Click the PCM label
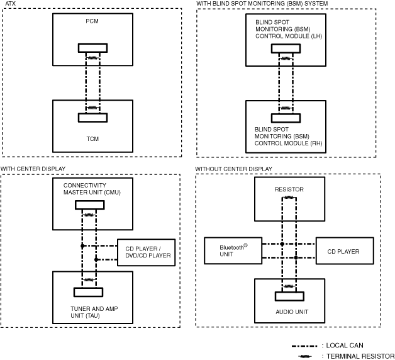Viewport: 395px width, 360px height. (92, 21)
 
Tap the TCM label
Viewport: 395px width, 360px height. (92, 139)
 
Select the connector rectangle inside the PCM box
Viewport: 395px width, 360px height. (92, 48)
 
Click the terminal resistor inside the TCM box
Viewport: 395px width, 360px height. (92, 108)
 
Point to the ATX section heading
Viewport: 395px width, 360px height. (10, 4)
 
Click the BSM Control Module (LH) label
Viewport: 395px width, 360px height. (289, 29)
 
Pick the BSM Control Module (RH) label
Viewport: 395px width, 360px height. (288, 137)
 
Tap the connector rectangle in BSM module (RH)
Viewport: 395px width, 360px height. (286, 118)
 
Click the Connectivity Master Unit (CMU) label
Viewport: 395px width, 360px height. (92, 189)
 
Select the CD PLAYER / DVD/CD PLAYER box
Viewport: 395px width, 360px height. (146, 252)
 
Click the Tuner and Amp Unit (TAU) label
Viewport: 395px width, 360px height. (94, 312)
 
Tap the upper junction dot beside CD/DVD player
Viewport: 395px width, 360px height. (82, 246)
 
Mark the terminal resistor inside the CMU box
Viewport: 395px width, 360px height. (89, 215)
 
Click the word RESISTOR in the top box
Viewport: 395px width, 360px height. (289, 189)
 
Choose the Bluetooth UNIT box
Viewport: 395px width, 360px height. (233, 250)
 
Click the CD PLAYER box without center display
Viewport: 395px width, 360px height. (345, 250)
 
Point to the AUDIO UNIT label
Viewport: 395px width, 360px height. (292, 312)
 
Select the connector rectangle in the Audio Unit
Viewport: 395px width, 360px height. (289, 296)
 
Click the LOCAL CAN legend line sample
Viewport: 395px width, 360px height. (304, 346)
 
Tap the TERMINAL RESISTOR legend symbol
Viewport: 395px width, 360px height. (305, 356)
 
